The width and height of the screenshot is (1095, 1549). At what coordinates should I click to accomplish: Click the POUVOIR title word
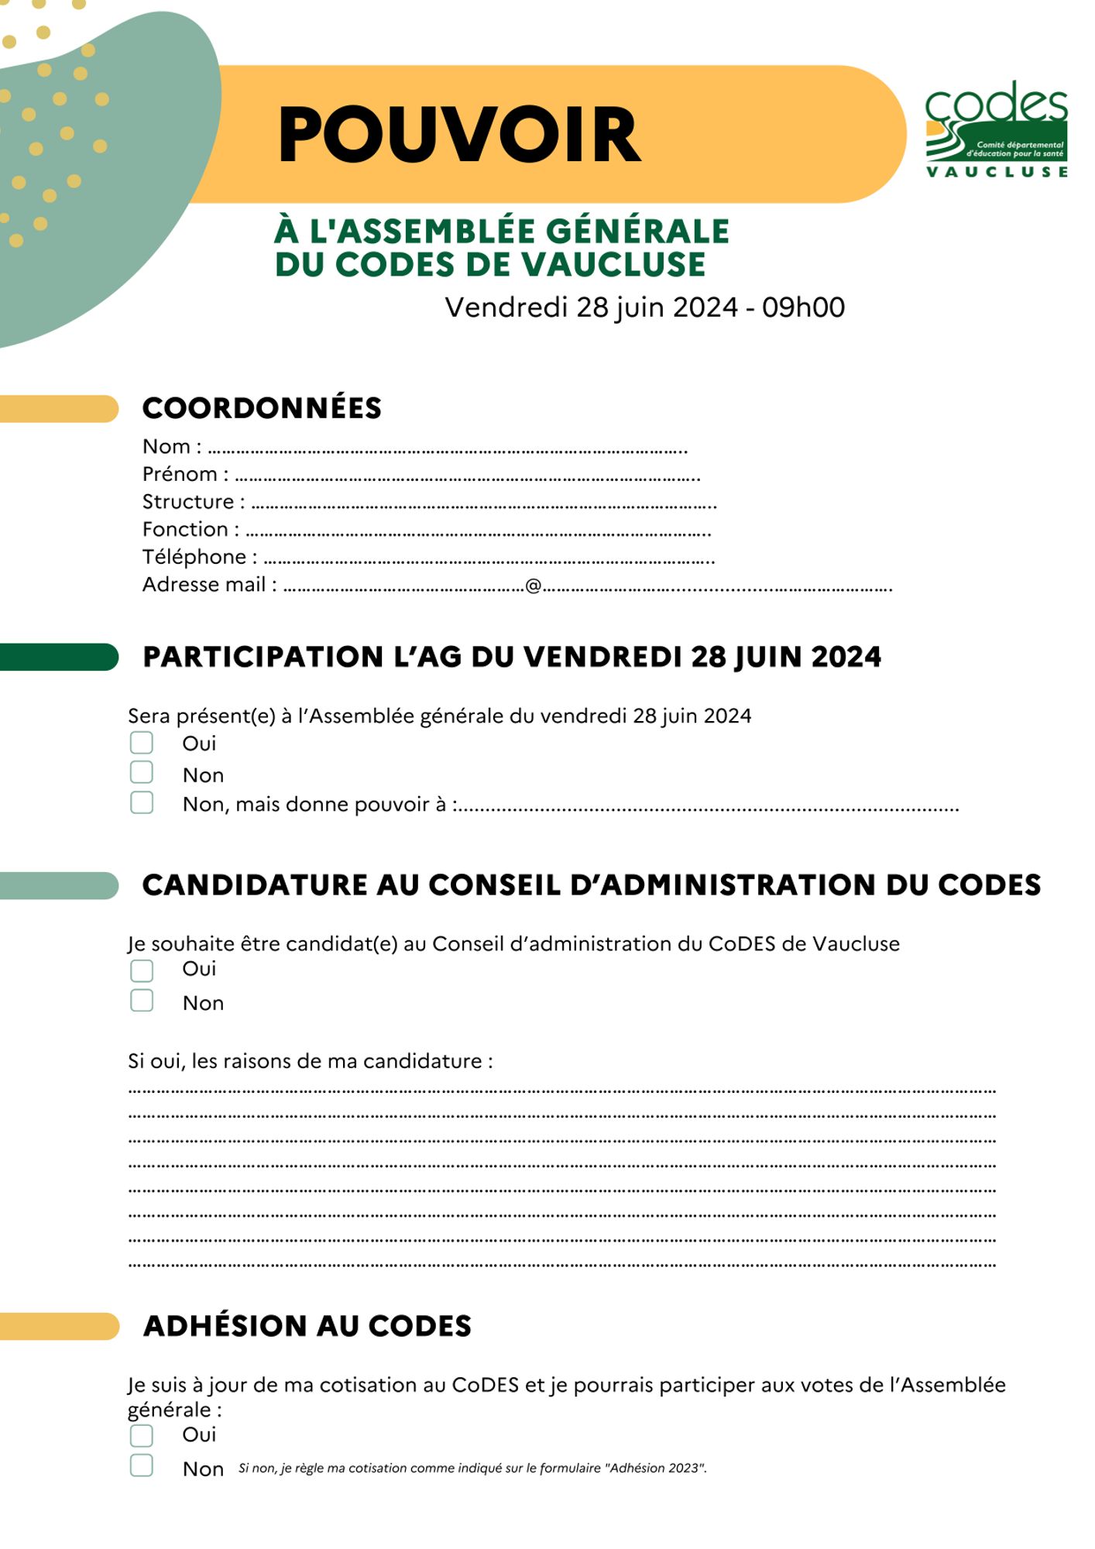459,136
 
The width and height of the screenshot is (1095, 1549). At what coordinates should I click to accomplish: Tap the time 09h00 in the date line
803,307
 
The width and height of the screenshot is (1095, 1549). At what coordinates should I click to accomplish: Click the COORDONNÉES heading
262,408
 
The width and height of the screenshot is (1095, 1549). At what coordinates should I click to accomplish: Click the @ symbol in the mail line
533,586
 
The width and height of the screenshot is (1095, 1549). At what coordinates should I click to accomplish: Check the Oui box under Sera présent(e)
142,743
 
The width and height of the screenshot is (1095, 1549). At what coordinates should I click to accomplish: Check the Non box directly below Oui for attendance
142,772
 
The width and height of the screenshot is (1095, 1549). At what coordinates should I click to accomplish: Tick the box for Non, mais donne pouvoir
142,802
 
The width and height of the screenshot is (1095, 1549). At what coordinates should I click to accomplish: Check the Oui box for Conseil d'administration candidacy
142,970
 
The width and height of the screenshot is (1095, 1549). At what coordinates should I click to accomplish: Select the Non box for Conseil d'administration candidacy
142,1001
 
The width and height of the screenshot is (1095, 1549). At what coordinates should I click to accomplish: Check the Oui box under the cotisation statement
142,1435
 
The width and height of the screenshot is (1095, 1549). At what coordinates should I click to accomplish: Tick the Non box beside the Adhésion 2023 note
142,1465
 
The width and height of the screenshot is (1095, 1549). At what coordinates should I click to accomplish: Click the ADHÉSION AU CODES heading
307,1326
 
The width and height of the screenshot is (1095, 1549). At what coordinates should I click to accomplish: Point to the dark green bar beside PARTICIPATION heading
59,657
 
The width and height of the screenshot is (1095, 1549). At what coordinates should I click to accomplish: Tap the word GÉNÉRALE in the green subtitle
637,232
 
